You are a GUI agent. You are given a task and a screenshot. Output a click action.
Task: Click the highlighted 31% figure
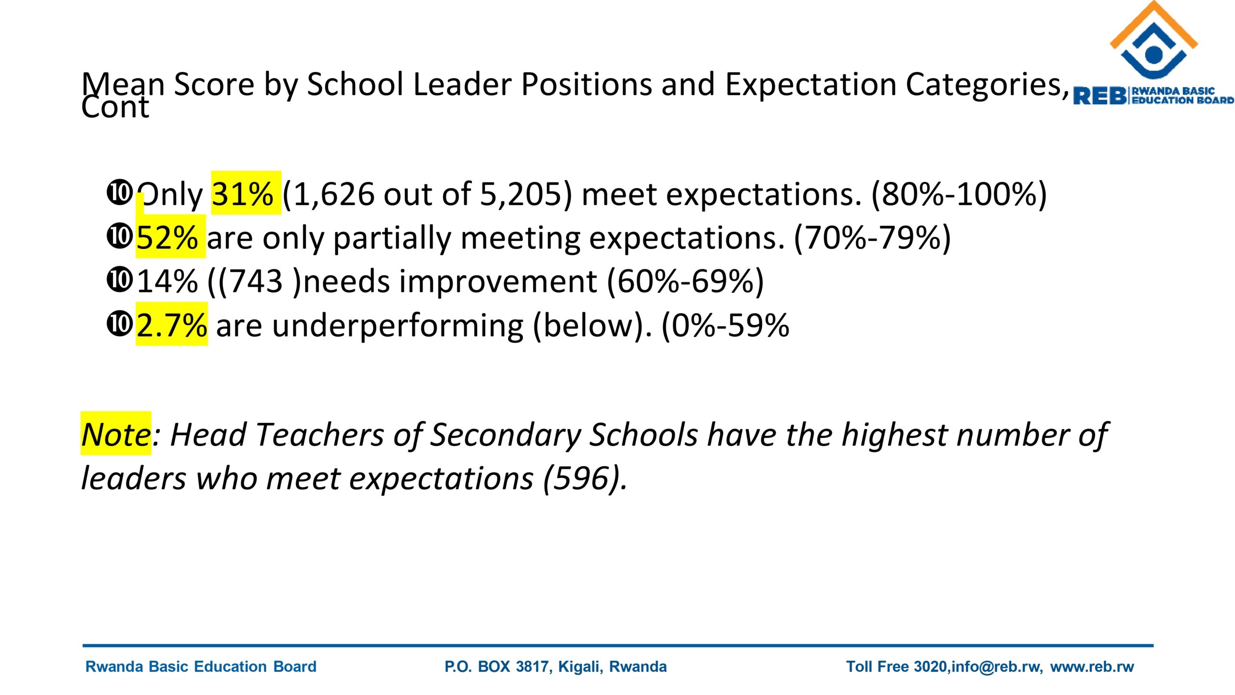click(x=245, y=194)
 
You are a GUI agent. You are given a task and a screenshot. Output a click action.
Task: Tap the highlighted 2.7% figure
click(x=172, y=325)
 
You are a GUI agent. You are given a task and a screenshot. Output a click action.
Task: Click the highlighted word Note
click(x=116, y=434)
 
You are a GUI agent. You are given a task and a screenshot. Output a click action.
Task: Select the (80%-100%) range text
click(x=959, y=194)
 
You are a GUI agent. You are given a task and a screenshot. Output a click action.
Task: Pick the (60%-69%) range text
click(x=685, y=281)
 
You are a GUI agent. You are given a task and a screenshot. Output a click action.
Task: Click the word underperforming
click(x=398, y=325)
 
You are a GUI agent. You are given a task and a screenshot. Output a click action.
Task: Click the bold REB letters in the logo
click(x=1100, y=96)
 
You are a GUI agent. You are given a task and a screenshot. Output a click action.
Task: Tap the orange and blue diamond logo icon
click(x=1154, y=41)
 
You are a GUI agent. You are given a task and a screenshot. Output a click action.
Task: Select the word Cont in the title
click(x=115, y=107)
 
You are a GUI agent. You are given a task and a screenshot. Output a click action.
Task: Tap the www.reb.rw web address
click(x=1092, y=667)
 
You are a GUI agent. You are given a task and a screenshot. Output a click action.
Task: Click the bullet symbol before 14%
click(x=119, y=280)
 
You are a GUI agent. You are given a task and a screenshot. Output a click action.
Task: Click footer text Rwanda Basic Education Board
click(x=201, y=667)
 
